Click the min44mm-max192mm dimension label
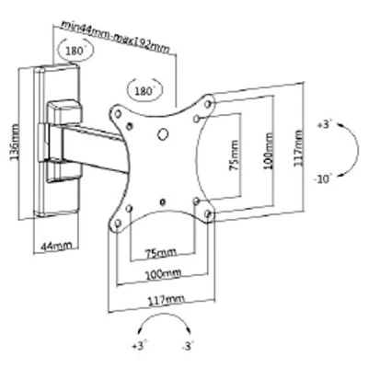pos(115,37)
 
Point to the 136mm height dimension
pos(15,142)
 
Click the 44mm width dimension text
pos(56,246)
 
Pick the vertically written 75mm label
pos(234,155)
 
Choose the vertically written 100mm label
pos(269,151)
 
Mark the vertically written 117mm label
pos(298,148)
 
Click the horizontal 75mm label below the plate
pos(161,253)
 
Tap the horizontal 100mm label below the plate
pos(163,273)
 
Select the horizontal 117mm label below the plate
pos(167,299)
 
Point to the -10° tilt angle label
pos(323,178)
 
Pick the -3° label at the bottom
pos(187,346)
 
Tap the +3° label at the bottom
pos(140,346)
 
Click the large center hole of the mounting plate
pos(163,134)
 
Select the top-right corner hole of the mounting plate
pos(208,104)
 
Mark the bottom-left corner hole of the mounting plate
pos(118,223)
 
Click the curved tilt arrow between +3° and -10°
pos(358,150)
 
